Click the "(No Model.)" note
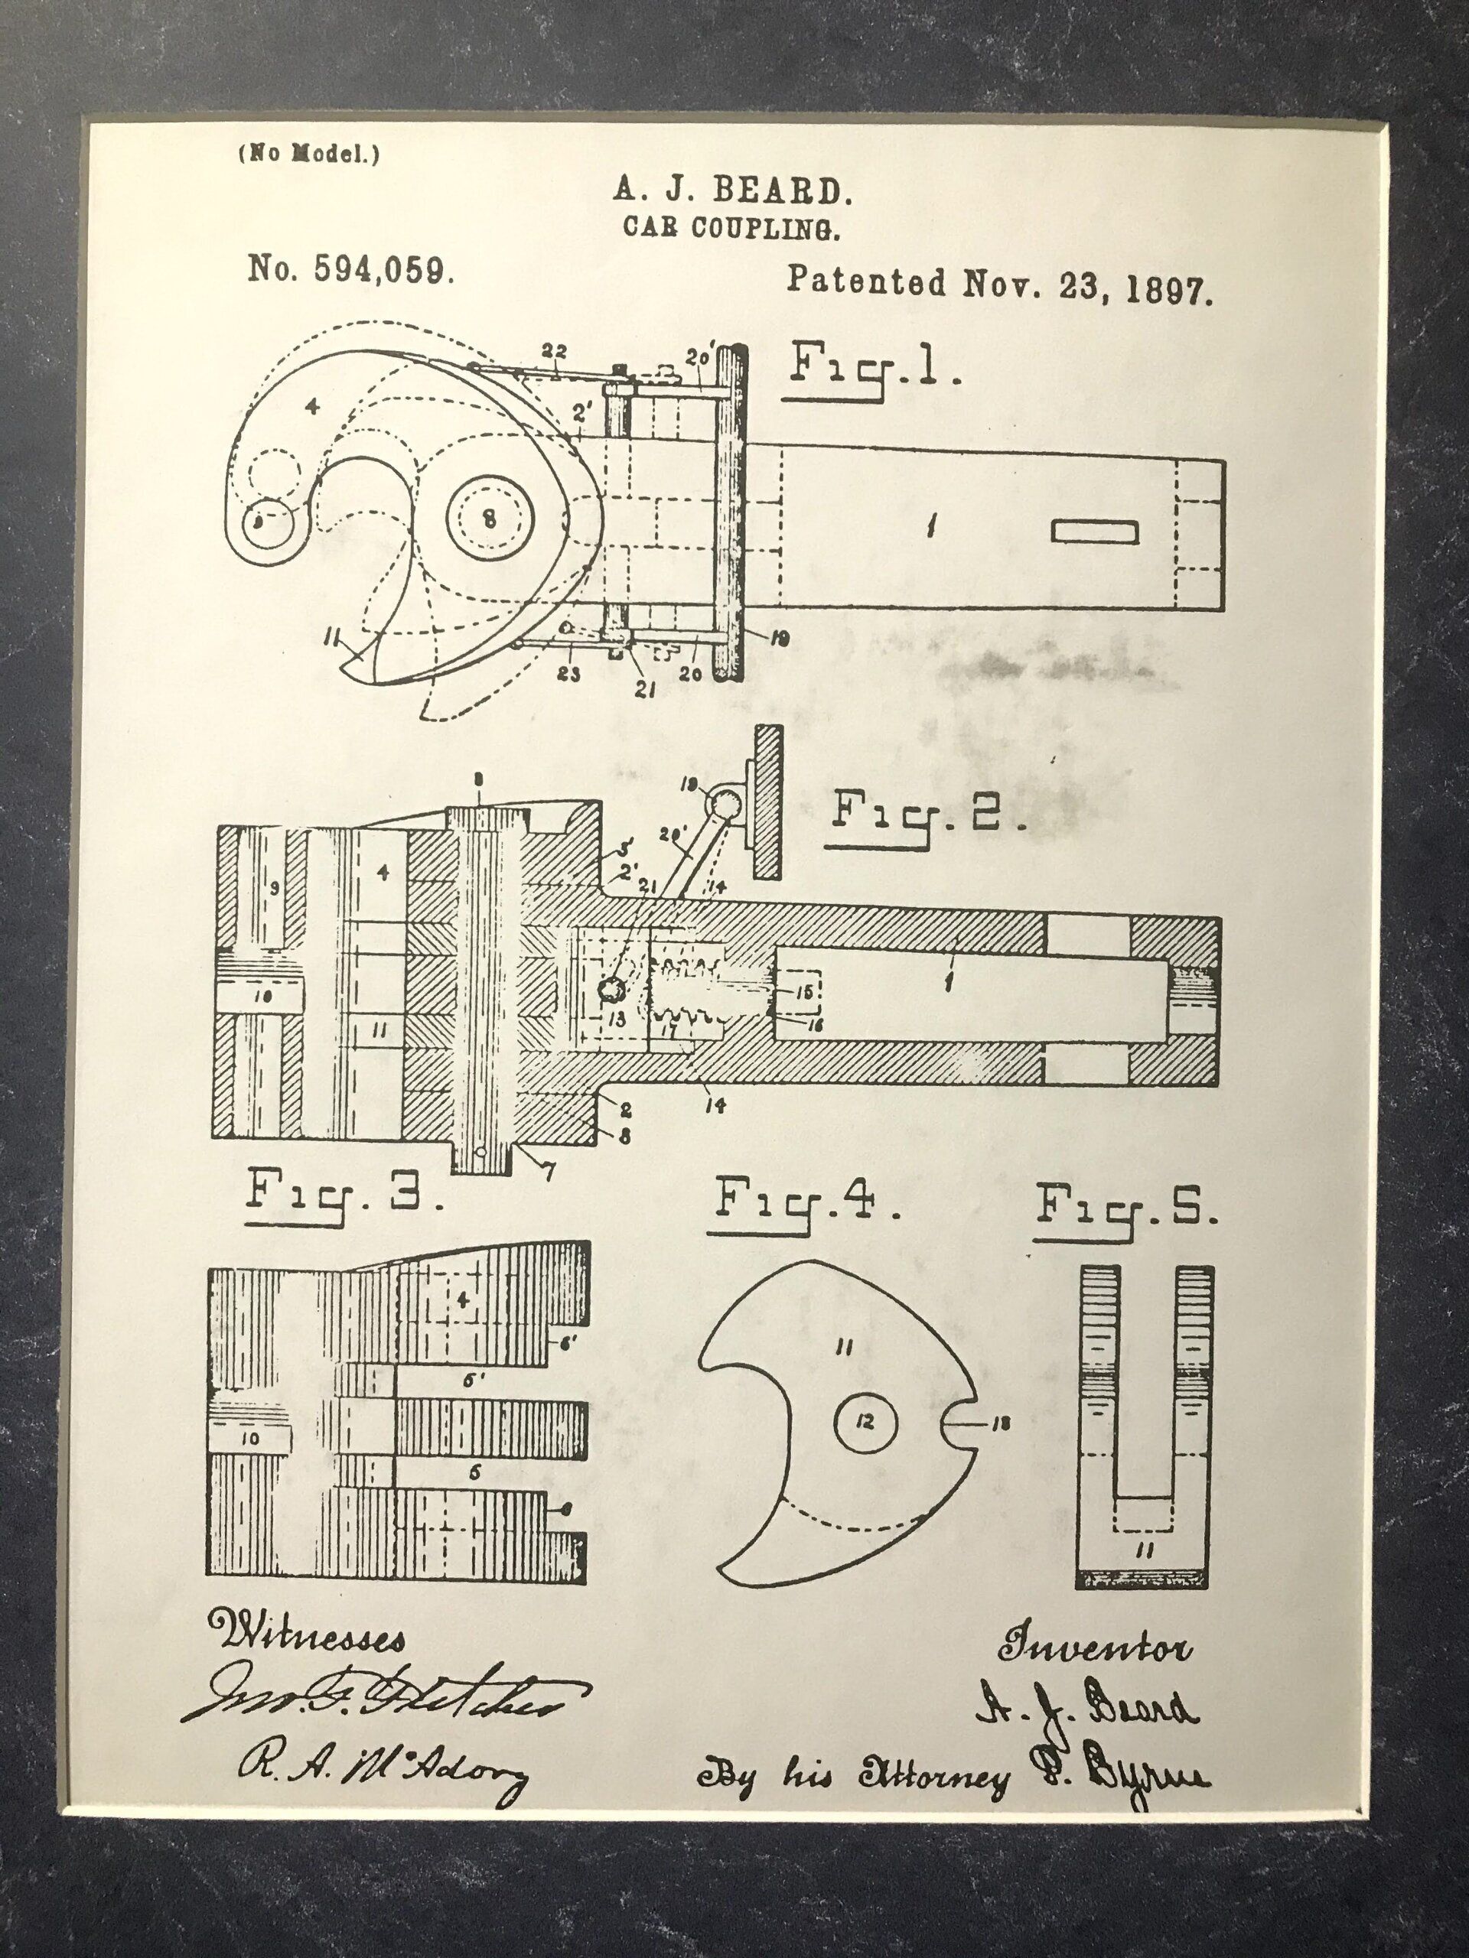308,154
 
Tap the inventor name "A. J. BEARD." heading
727,190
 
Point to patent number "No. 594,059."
351,268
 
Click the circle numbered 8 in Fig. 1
489,519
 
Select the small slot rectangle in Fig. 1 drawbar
1094,531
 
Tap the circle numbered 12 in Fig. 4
865,1423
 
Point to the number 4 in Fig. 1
310,406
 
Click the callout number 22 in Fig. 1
554,350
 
